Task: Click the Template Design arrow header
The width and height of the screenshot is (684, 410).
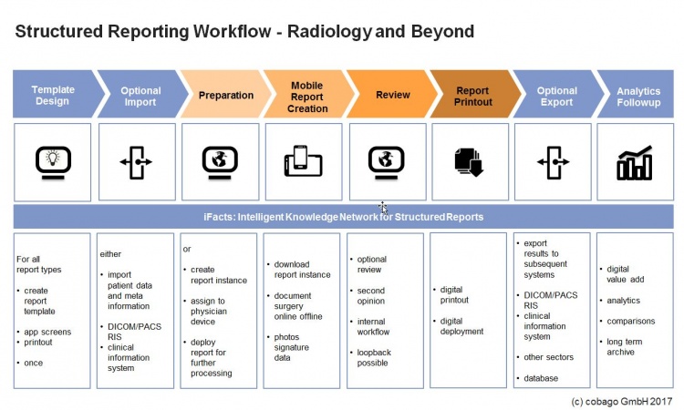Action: tap(52, 96)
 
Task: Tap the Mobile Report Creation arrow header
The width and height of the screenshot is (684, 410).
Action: tap(306, 96)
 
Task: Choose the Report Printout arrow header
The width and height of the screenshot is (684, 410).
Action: tap(472, 96)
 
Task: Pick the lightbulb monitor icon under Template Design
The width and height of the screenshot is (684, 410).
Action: tap(53, 161)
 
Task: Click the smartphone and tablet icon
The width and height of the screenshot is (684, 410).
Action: tap(303, 162)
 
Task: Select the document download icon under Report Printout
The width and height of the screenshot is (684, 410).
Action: tap(468, 162)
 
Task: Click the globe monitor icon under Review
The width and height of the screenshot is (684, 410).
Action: tap(386, 161)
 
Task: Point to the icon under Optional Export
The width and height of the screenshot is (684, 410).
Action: tap(554, 162)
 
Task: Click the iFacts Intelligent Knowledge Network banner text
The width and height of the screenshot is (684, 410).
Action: tap(343, 217)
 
